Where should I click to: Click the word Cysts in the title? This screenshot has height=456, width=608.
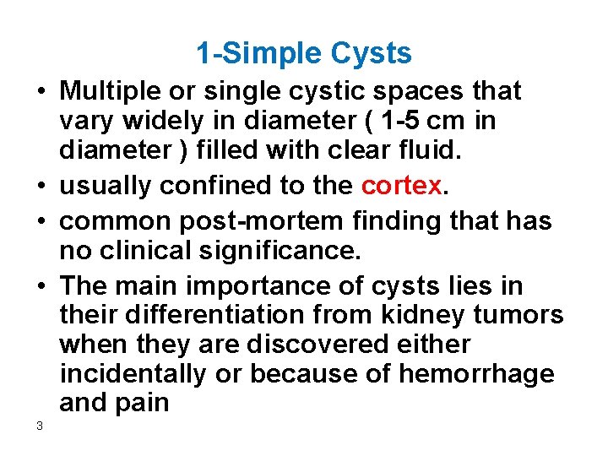pyautogui.click(x=372, y=54)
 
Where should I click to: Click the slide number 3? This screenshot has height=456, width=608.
pyautogui.click(x=40, y=426)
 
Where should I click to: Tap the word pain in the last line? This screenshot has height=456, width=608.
pyautogui.click(x=143, y=404)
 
